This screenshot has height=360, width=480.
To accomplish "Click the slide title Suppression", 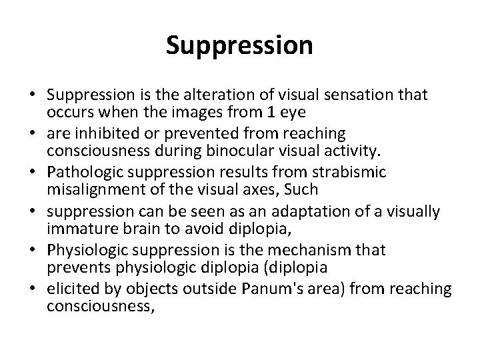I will click(239, 45).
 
